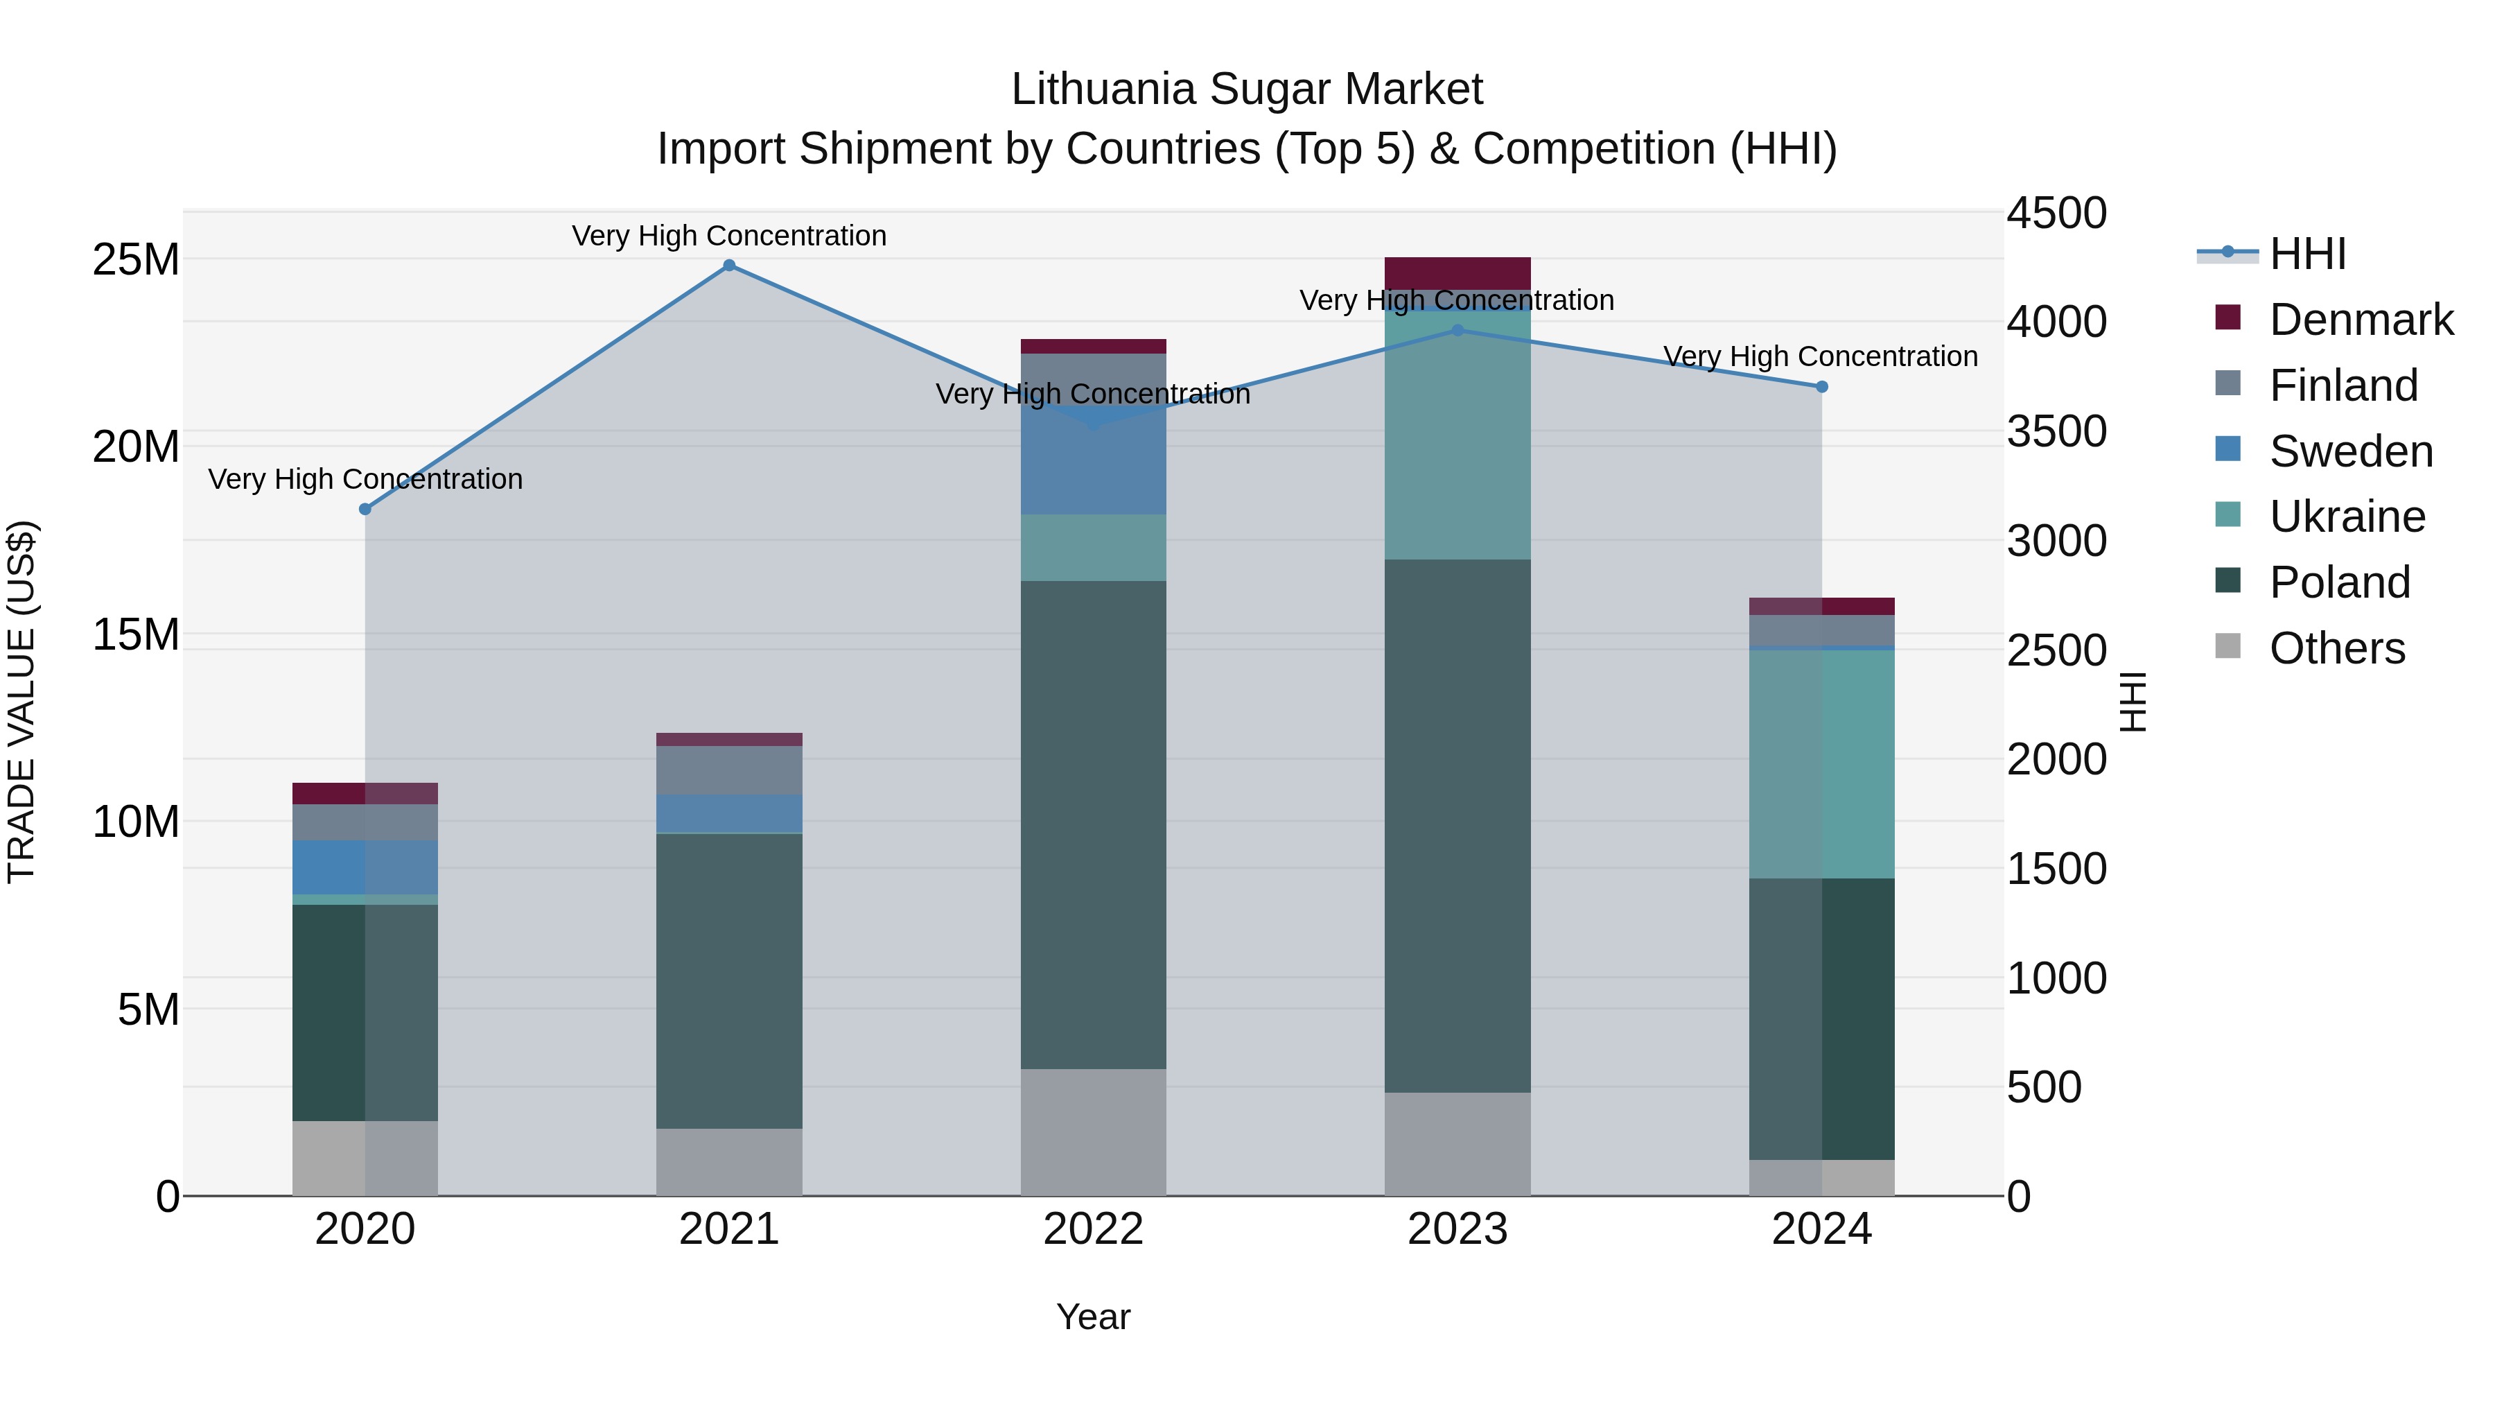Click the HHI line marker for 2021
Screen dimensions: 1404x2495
pyautogui.click(x=729, y=266)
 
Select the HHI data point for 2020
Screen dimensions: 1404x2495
pyautogui.click(x=365, y=510)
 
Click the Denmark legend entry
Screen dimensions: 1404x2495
pyautogui.click(x=2361, y=320)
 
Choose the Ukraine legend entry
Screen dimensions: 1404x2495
pyautogui.click(x=2347, y=517)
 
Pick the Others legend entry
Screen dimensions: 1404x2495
pyautogui.click(x=2336, y=648)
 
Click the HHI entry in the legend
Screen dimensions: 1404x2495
pyautogui.click(x=2307, y=254)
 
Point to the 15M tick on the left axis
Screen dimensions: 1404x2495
pyautogui.click(x=136, y=634)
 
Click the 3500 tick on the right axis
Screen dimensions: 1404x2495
pyautogui.click(x=2056, y=431)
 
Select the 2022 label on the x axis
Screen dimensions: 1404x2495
pyautogui.click(x=1094, y=1229)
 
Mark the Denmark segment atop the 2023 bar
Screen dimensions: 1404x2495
pyautogui.click(x=1457, y=272)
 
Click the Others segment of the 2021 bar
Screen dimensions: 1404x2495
pyautogui.click(x=729, y=1162)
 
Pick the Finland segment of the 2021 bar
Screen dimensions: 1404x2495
pyautogui.click(x=729, y=770)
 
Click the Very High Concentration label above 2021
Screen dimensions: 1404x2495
pyautogui.click(x=729, y=236)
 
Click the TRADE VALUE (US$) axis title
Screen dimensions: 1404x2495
pyautogui.click(x=21, y=702)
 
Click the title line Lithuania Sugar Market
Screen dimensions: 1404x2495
pyautogui.click(x=1247, y=89)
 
